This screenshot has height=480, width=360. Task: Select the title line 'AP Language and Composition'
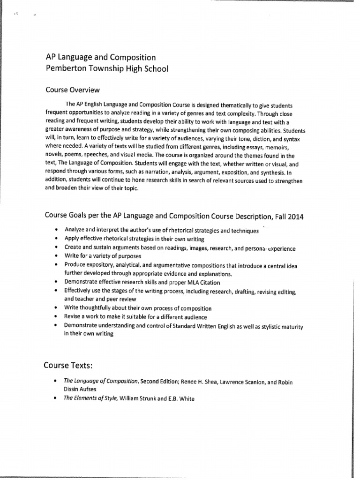(x=100, y=57)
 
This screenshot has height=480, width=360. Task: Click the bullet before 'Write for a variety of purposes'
(x=56, y=256)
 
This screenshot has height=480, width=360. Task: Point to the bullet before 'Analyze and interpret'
(x=56, y=231)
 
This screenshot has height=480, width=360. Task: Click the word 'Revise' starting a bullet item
(x=73, y=316)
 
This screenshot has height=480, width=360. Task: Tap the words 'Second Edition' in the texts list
(x=157, y=382)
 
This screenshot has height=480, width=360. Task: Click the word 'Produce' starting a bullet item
(x=75, y=265)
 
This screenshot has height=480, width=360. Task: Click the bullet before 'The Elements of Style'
(x=56, y=398)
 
